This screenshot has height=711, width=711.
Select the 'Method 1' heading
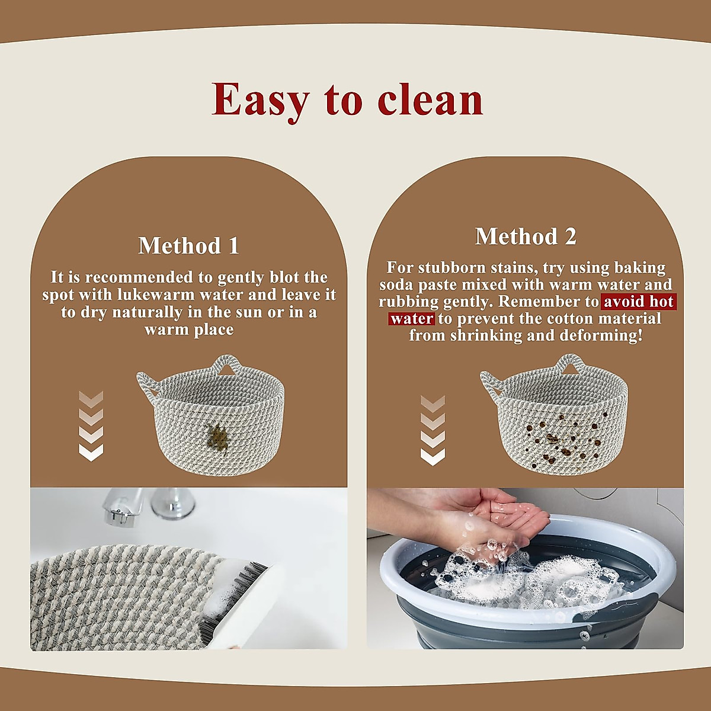coord(188,246)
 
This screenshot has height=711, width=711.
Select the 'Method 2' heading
coord(526,236)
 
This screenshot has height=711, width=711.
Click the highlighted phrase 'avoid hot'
coord(638,302)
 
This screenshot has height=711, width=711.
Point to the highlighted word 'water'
coord(412,319)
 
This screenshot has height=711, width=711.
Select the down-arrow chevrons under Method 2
coord(433,430)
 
